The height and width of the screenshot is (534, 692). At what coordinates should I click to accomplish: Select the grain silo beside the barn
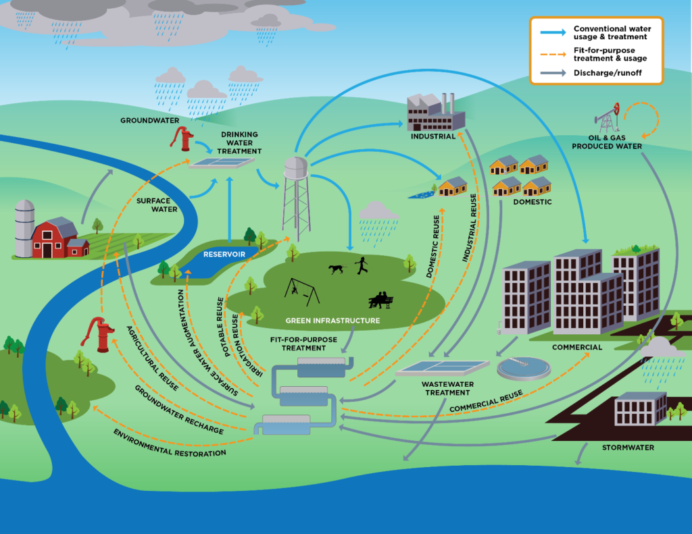click(x=24, y=228)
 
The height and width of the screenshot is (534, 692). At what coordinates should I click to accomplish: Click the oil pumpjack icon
click(x=609, y=119)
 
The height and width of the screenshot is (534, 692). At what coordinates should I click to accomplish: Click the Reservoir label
click(x=220, y=255)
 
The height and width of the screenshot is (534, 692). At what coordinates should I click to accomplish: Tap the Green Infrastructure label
click(x=332, y=321)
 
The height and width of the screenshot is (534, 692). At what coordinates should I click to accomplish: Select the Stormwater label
click(x=628, y=447)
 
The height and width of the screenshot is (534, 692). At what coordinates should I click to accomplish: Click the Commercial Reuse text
click(x=485, y=403)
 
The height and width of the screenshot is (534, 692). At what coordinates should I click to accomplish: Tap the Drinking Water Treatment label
click(x=239, y=142)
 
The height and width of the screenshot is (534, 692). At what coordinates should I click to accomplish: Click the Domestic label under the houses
click(x=532, y=202)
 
